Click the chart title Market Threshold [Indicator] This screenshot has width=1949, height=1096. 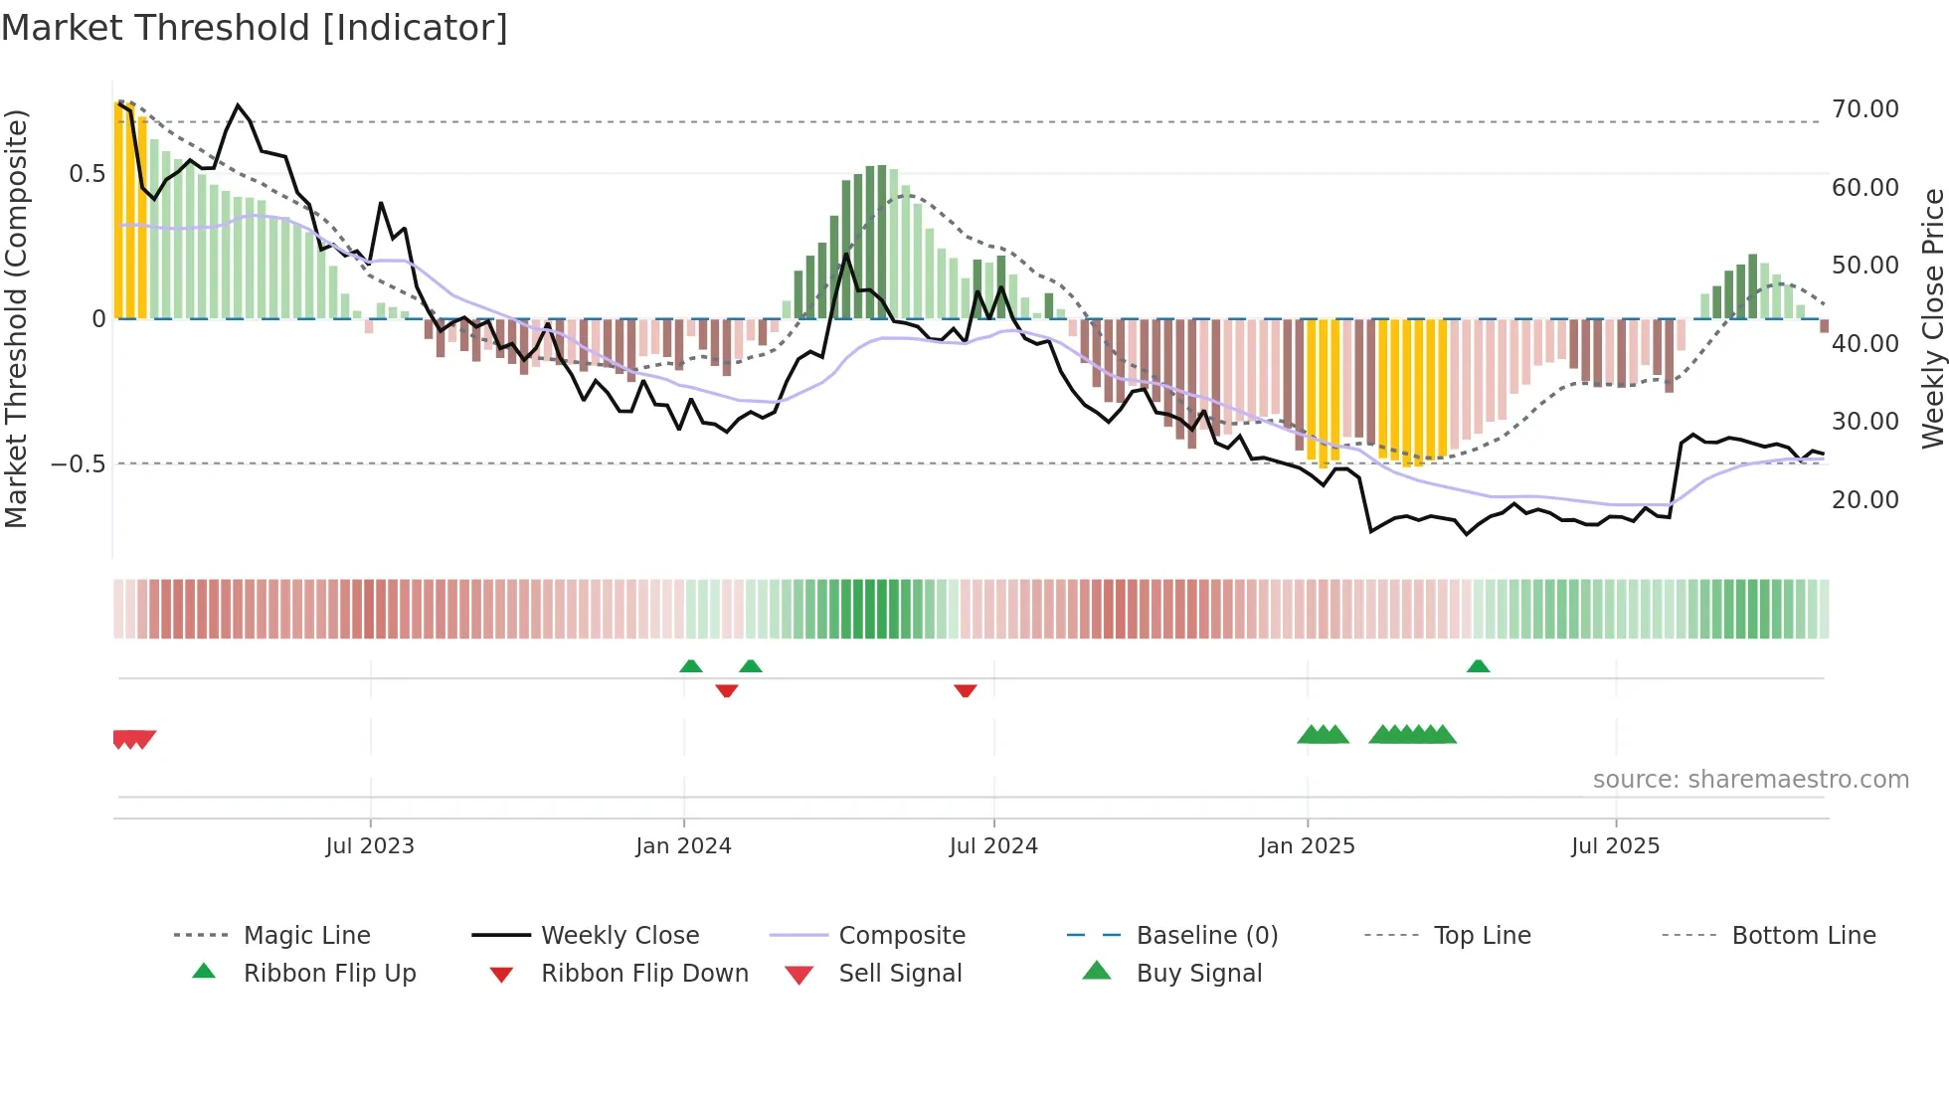255,28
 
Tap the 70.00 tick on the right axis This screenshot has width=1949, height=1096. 1864,109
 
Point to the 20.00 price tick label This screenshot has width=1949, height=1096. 1864,500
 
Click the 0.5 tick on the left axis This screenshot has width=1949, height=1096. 87,174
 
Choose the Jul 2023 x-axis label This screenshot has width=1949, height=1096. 370,846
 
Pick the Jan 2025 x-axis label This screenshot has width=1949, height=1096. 1307,846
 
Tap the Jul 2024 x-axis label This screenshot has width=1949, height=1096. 993,846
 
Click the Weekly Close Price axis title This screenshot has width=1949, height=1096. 1932,318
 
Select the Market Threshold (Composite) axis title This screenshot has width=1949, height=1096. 16,318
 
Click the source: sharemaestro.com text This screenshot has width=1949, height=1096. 1750,780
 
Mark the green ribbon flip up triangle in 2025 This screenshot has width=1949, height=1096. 1478,666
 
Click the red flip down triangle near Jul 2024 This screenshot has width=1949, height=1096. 965,690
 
